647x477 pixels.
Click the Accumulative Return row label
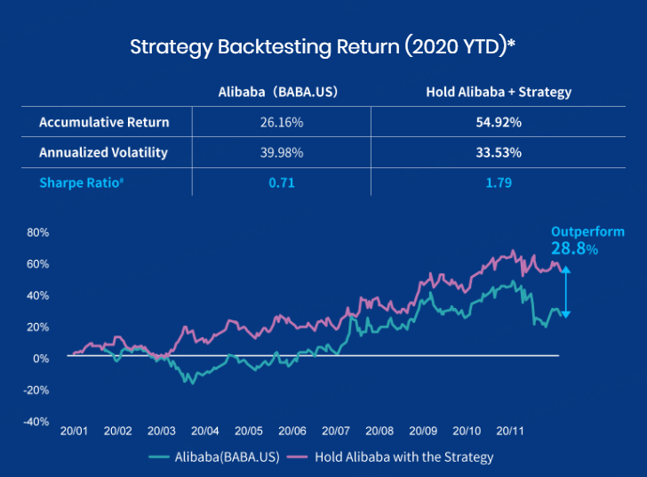104,122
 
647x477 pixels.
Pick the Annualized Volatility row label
103,152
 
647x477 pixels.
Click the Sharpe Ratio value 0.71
282,183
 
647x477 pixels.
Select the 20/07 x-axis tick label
335,431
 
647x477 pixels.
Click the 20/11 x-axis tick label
509,431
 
